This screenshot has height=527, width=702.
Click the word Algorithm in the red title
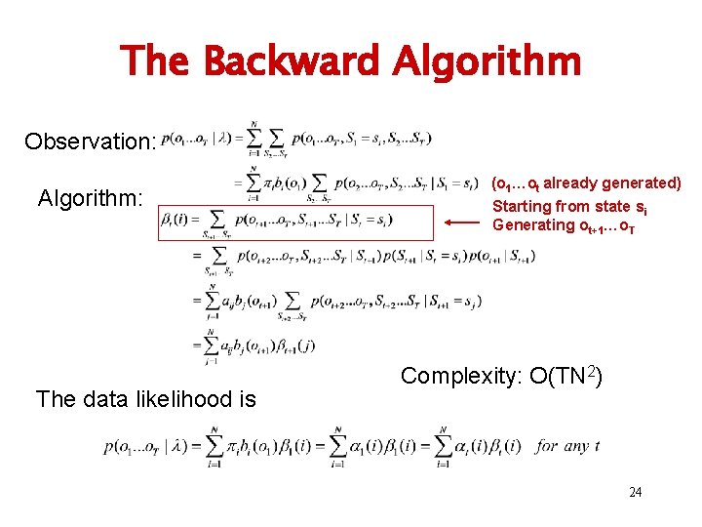click(488, 61)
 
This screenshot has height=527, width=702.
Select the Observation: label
click(91, 142)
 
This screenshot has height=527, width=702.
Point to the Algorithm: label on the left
click(91, 199)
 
